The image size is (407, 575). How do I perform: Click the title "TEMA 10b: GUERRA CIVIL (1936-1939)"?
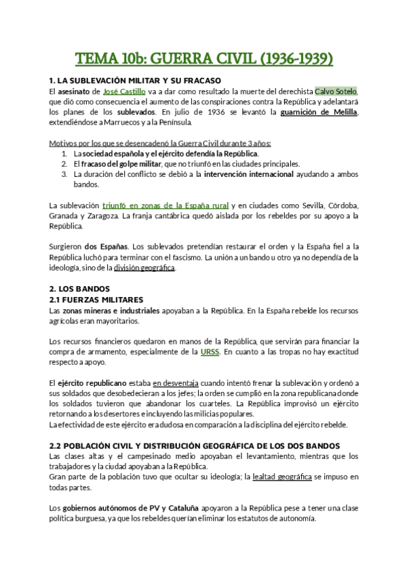coord(203,60)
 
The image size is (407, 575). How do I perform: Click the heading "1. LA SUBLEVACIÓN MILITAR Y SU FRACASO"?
coord(131,81)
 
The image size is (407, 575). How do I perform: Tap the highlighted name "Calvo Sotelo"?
coord(334,91)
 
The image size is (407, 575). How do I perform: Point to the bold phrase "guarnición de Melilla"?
coord(317,112)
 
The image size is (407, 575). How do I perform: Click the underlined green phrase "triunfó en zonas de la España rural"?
coord(166,205)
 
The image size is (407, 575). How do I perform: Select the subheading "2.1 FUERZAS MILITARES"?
coord(97,299)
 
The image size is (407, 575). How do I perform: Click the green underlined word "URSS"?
coord(210,352)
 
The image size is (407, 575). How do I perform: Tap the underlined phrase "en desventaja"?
coord(176,383)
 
